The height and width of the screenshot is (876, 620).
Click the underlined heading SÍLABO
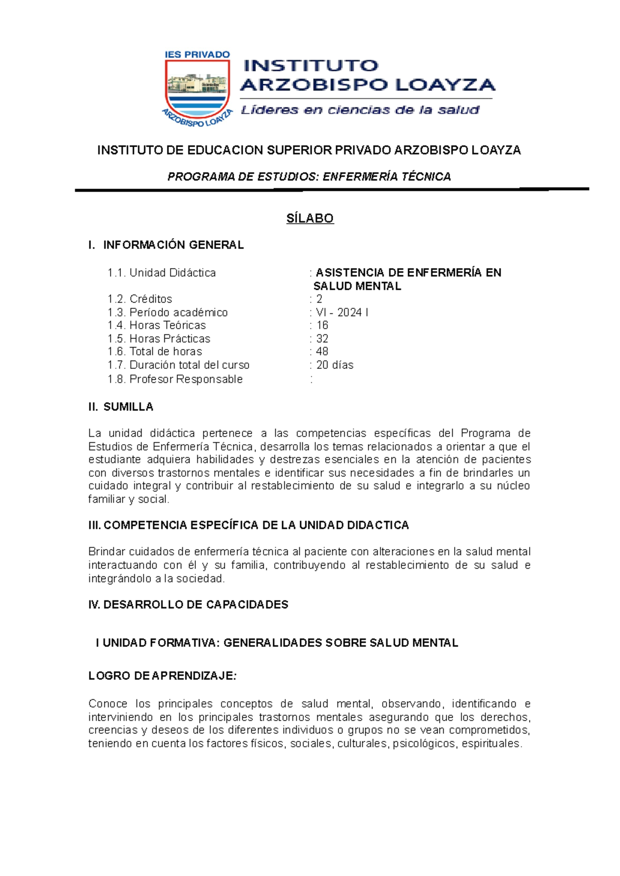[x=310, y=218]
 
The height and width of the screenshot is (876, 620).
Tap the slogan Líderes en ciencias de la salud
[x=360, y=110]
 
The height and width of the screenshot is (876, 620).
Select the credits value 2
[x=319, y=299]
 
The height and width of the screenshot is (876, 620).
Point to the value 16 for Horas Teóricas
[x=322, y=325]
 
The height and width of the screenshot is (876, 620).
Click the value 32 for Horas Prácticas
[x=322, y=339]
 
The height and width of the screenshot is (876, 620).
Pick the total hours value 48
[x=322, y=352]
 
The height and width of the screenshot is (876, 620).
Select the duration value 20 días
[x=335, y=365]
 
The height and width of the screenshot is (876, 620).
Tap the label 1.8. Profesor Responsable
[x=175, y=379]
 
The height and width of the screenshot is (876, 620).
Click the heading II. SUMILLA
[x=121, y=407]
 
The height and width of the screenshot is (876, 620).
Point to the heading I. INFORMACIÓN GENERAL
[x=166, y=245]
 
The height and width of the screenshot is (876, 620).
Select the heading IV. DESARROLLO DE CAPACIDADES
[x=189, y=605]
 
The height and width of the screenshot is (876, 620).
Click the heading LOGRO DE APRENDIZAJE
[x=162, y=676]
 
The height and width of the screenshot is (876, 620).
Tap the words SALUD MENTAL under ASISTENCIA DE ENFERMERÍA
[x=357, y=286]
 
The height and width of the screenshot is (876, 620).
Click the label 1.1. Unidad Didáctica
[x=162, y=273]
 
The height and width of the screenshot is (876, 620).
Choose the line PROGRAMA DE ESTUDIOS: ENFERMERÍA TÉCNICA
[x=309, y=177]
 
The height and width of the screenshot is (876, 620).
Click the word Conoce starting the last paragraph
[x=107, y=704]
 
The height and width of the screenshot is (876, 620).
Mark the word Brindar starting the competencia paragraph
[x=106, y=552]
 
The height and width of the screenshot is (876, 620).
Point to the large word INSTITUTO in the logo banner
[x=311, y=66]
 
